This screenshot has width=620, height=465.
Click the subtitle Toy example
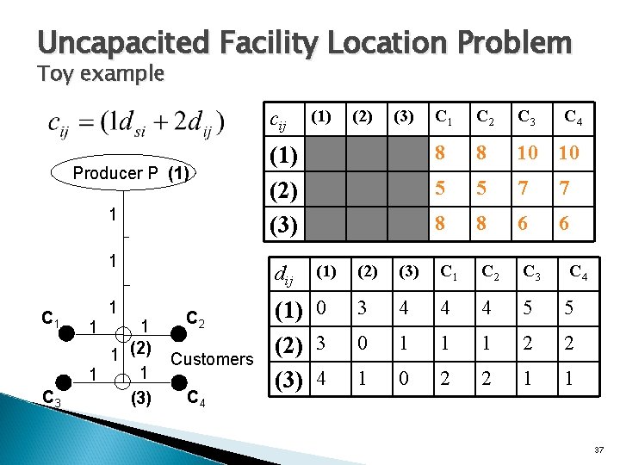coord(100,74)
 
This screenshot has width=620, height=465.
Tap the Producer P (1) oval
coord(130,173)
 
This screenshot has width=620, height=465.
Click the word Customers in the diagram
coord(212,359)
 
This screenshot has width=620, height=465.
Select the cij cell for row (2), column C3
coord(524,189)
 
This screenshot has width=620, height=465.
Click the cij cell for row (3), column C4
coord(564,223)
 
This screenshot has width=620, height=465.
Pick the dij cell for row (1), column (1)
coord(322,308)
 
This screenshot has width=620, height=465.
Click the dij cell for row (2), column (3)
coord(405,343)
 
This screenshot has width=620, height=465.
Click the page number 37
coord(599,449)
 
